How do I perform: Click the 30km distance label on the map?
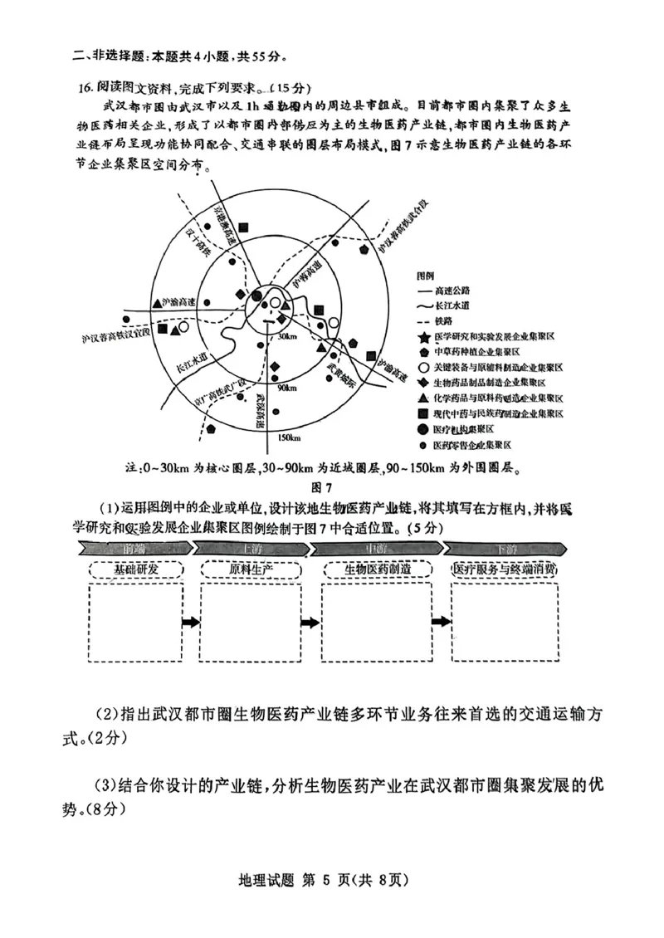click(x=287, y=336)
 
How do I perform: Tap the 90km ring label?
click(x=287, y=388)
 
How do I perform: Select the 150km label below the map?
click(x=290, y=437)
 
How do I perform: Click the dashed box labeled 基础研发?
click(x=136, y=569)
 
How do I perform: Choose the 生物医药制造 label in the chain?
click(x=378, y=569)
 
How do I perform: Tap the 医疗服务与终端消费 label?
click(x=504, y=569)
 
